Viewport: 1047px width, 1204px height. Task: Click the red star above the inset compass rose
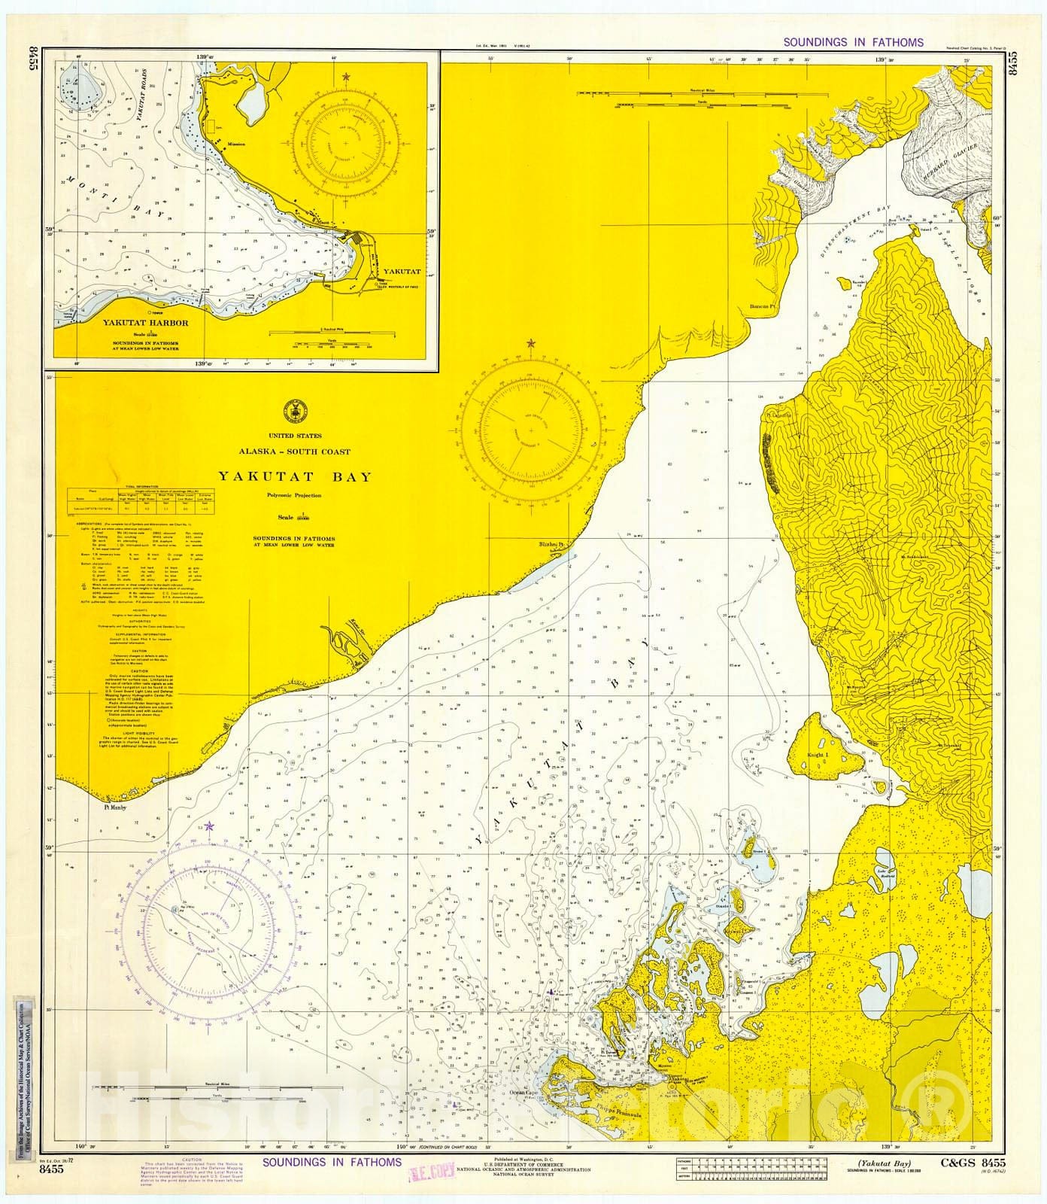point(346,77)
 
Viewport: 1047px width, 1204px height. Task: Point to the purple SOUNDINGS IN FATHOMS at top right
point(854,43)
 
